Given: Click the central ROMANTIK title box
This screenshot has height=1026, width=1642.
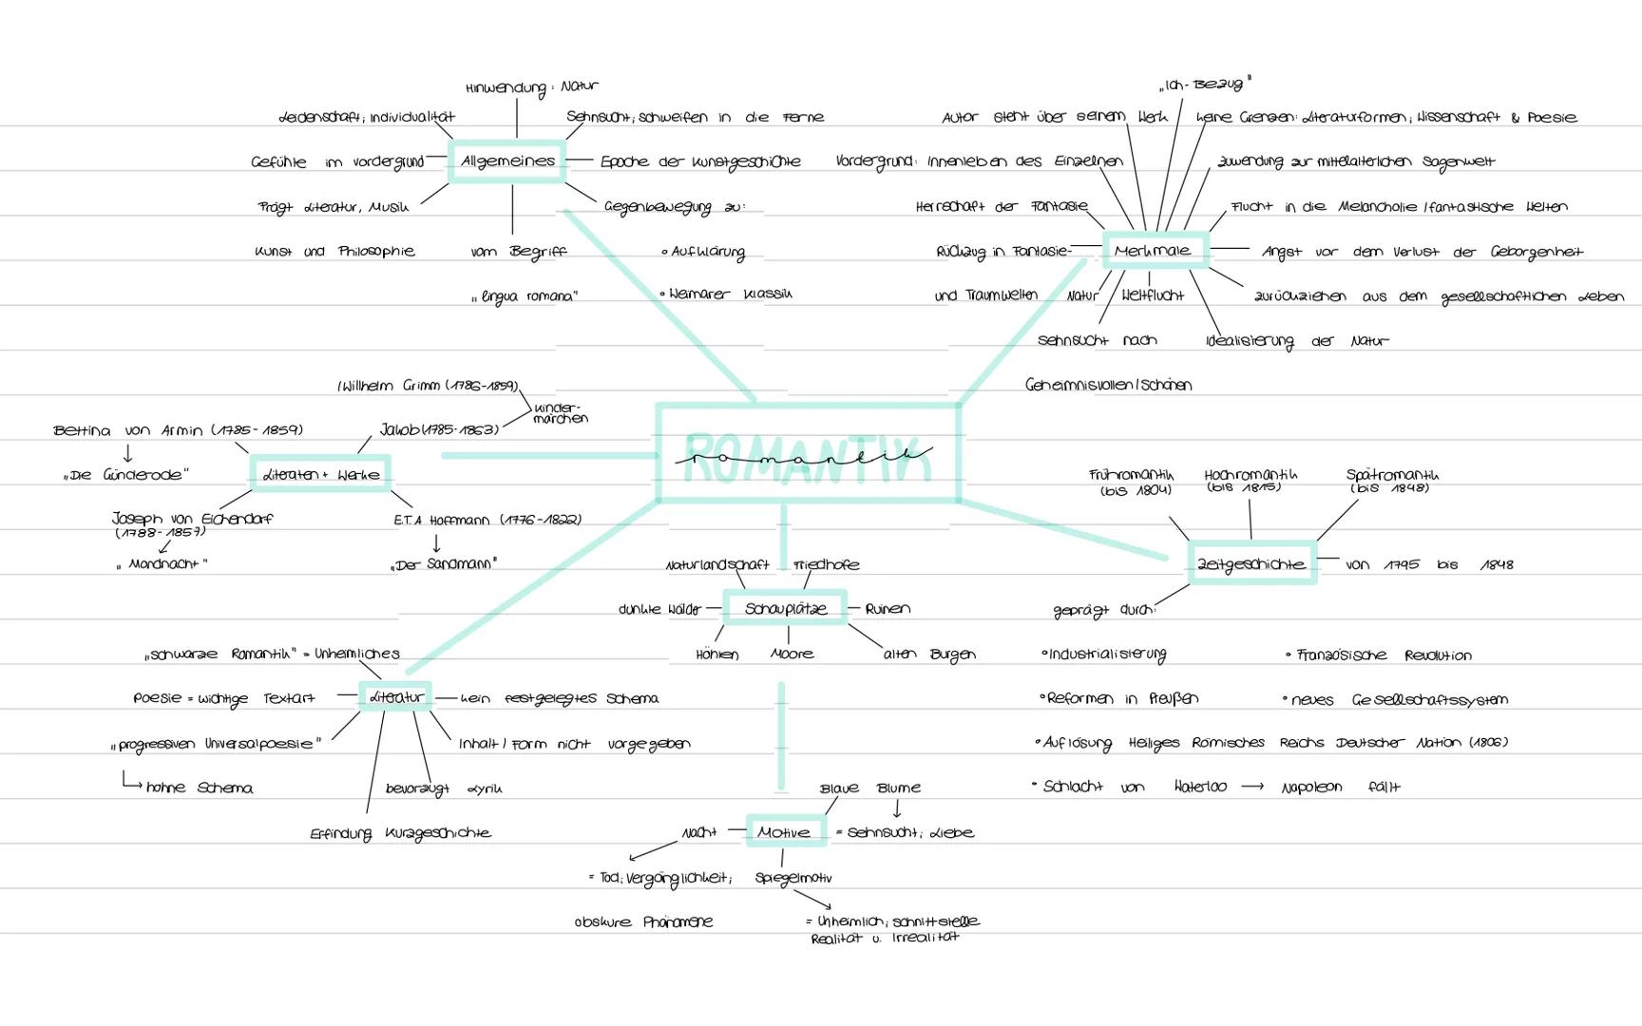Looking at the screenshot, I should pos(808,453).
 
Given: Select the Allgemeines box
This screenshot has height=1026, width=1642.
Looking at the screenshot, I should pos(507,161).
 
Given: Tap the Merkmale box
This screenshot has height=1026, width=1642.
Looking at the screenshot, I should pos(1155,251).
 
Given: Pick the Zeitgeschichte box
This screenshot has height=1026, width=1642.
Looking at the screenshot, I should pos(1251,563).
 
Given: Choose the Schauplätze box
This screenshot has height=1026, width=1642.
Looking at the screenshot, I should pos(785,608).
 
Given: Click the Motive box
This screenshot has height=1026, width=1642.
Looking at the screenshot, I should pos(784,832).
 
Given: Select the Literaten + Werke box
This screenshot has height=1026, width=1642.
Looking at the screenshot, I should pos(321,474).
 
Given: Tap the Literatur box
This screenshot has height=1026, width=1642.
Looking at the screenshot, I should pos(395,697).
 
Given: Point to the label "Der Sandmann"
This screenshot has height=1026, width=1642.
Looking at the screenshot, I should pos(444,564).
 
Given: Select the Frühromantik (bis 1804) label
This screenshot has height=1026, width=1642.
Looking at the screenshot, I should pos(1131,482).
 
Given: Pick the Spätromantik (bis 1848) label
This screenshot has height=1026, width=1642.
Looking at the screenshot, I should pos(1391,482).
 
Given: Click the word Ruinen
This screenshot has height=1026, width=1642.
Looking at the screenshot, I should pos(888,609).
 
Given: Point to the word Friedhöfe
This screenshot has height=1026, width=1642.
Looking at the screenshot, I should pos(826,564).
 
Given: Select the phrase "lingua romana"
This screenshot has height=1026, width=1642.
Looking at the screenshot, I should pos(525,296).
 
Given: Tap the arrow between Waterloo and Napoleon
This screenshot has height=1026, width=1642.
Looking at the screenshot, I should pos(1252,787).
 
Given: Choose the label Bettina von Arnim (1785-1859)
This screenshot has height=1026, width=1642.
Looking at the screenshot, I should pos(178,430).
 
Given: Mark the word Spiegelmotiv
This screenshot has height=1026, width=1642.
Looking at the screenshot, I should pos(793,878).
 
